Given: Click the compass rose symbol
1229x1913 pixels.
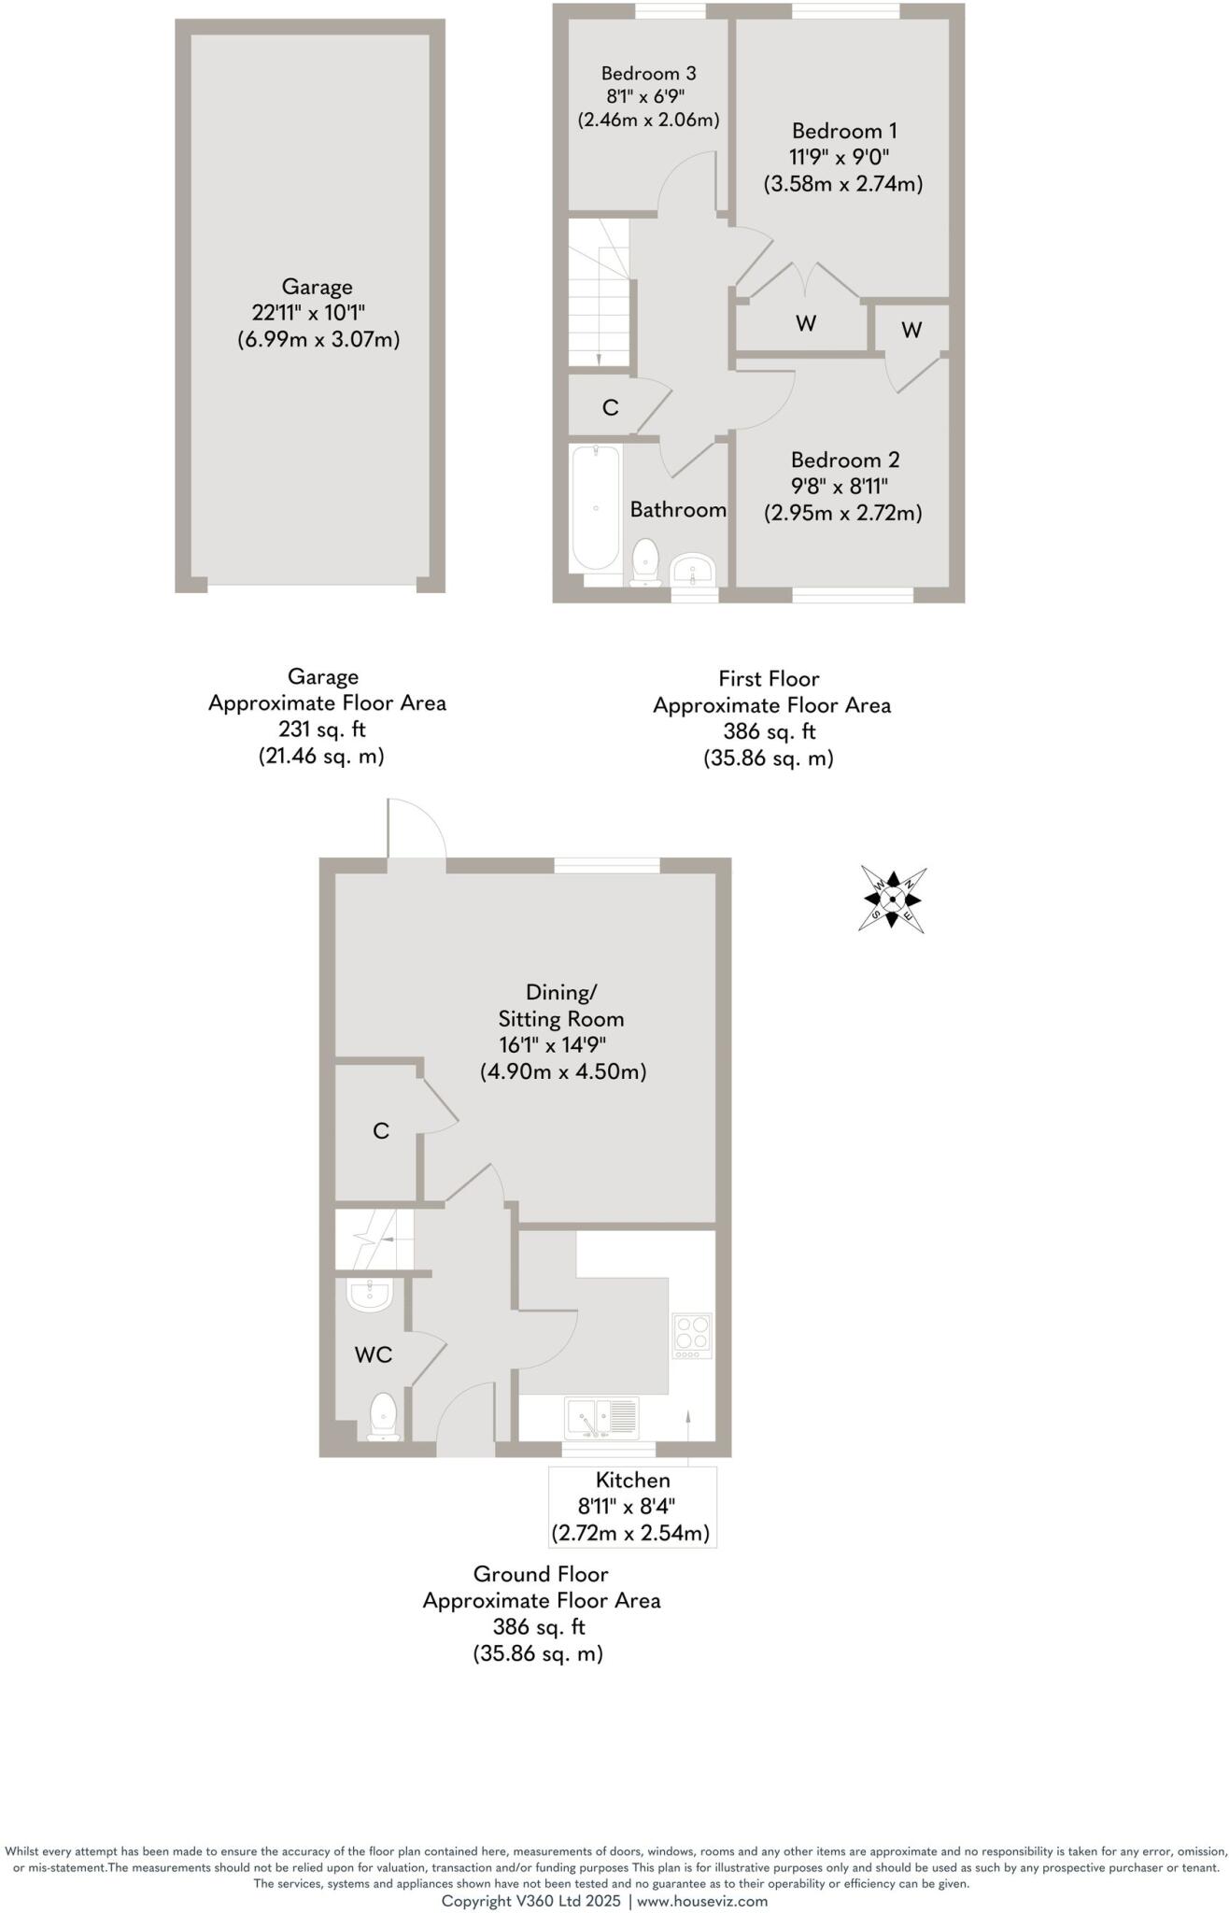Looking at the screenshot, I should [x=892, y=900].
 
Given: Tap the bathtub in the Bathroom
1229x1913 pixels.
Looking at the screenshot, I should [x=595, y=508].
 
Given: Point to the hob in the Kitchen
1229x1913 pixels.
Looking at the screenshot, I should [x=692, y=1337].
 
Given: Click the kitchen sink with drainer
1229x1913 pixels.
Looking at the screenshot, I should [x=601, y=1418].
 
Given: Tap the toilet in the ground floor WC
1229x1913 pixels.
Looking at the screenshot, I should [x=384, y=1416].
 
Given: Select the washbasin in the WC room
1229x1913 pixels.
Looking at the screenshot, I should [x=370, y=1296].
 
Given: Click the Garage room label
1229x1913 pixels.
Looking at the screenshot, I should [x=318, y=287].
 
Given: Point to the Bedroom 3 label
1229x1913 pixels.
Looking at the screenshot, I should [x=648, y=73].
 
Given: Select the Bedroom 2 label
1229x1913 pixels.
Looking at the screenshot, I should [x=844, y=460].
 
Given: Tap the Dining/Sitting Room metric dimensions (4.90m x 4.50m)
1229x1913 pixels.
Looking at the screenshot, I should [x=563, y=1071].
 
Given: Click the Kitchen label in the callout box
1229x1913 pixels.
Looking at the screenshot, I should [x=632, y=1480].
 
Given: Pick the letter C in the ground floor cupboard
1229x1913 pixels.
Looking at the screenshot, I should [x=380, y=1131].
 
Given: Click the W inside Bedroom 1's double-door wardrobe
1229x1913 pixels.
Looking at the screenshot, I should [x=806, y=323].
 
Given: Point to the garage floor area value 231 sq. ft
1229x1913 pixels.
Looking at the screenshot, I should [x=321, y=730].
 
